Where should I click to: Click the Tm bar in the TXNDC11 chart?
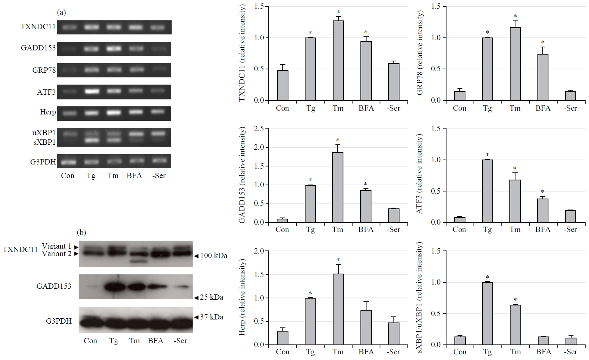pyautogui.click(x=338, y=61)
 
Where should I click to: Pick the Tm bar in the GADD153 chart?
pyautogui.click(x=338, y=187)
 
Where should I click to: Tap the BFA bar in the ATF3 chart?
pyautogui.click(x=543, y=211)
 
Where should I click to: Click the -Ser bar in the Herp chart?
pyautogui.click(x=394, y=333)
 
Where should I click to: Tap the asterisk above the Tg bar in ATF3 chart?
pyautogui.click(x=487, y=155)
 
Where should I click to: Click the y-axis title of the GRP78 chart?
pyautogui.click(x=420, y=53)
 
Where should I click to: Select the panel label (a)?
pyautogui.click(x=61, y=13)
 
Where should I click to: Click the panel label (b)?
pyautogui.click(x=81, y=232)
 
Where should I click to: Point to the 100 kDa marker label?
pyautogui.click(x=213, y=256)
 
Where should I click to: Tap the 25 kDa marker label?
pyautogui.click(x=211, y=297)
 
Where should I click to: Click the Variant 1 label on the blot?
pyautogui.click(x=56, y=246)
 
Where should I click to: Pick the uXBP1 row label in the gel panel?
pyautogui.click(x=44, y=133)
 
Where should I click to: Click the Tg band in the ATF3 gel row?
pyautogui.click(x=91, y=91)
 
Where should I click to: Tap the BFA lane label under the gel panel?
pyautogui.click(x=134, y=176)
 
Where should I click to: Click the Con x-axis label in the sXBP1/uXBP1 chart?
pyautogui.click(x=459, y=352)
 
